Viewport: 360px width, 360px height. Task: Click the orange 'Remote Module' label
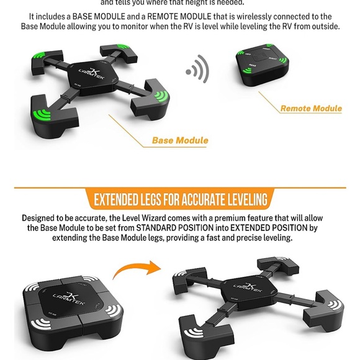coord(310,108)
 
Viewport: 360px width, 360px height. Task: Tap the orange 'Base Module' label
coord(179,140)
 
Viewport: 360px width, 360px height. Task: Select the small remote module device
coord(261,64)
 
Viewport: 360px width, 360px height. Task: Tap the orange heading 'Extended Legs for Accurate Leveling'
coord(180,199)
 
